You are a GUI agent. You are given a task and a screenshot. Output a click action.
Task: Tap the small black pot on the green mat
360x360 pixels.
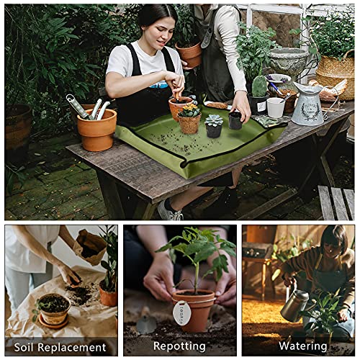(x=235, y=120)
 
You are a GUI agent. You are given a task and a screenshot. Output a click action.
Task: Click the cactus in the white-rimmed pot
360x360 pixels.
(x=260, y=86)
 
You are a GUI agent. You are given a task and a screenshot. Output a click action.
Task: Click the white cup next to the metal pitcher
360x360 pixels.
(x=276, y=107)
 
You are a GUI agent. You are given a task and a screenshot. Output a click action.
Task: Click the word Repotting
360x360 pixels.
(x=179, y=346)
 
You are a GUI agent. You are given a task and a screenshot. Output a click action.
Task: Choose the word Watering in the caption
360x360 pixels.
(x=302, y=346)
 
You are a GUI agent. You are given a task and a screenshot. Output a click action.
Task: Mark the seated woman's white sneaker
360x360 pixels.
(x=169, y=211)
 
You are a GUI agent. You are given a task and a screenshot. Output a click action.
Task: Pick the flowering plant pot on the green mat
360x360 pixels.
(x=189, y=122)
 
